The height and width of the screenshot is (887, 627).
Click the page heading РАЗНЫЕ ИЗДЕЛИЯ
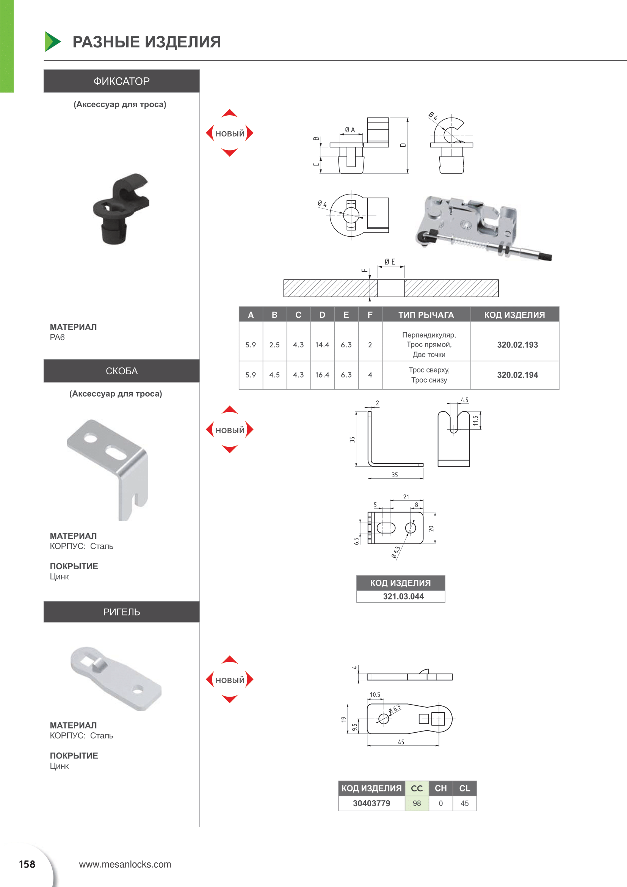pyautogui.click(x=146, y=42)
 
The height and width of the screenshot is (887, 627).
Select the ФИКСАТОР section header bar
pyautogui.click(x=122, y=81)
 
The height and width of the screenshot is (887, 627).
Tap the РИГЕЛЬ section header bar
pyautogui.click(x=122, y=612)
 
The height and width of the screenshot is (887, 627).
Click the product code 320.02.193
pyautogui.click(x=517, y=345)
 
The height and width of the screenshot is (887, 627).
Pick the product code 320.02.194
pyautogui.click(x=517, y=375)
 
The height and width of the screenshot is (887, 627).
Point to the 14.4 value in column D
pyautogui.click(x=322, y=345)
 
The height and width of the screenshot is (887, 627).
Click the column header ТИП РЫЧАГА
pyautogui.click(x=426, y=315)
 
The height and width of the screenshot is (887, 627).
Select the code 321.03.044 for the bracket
pyautogui.click(x=403, y=596)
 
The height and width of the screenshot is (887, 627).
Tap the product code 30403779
pyautogui.click(x=371, y=803)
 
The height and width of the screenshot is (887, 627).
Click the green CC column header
pyautogui.click(x=417, y=788)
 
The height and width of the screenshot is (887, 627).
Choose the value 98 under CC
pyautogui.click(x=417, y=803)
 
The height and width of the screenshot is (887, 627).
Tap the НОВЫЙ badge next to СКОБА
pyautogui.click(x=230, y=430)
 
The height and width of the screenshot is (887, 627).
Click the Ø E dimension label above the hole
pyautogui.click(x=390, y=262)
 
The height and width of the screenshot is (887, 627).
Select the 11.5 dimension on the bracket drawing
pyautogui.click(x=475, y=421)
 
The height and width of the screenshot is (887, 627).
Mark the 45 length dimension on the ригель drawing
pyautogui.click(x=401, y=742)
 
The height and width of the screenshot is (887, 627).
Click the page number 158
pyautogui.click(x=27, y=864)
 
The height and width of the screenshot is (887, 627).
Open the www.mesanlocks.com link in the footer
pyautogui.click(x=125, y=864)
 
